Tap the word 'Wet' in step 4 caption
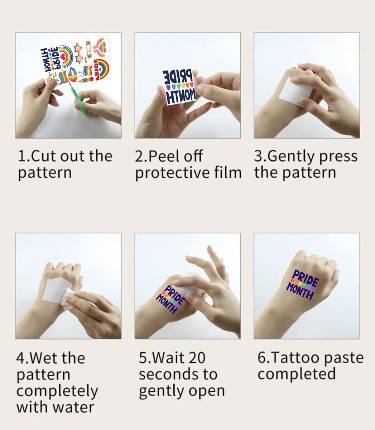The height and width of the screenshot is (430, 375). pyautogui.click(x=44, y=358)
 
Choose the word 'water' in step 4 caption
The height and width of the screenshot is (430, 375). pyautogui.click(x=73, y=407)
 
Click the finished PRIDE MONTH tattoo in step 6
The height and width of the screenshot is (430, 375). pyautogui.click(x=303, y=285)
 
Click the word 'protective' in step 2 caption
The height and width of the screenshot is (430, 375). pyautogui.click(x=173, y=173)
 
